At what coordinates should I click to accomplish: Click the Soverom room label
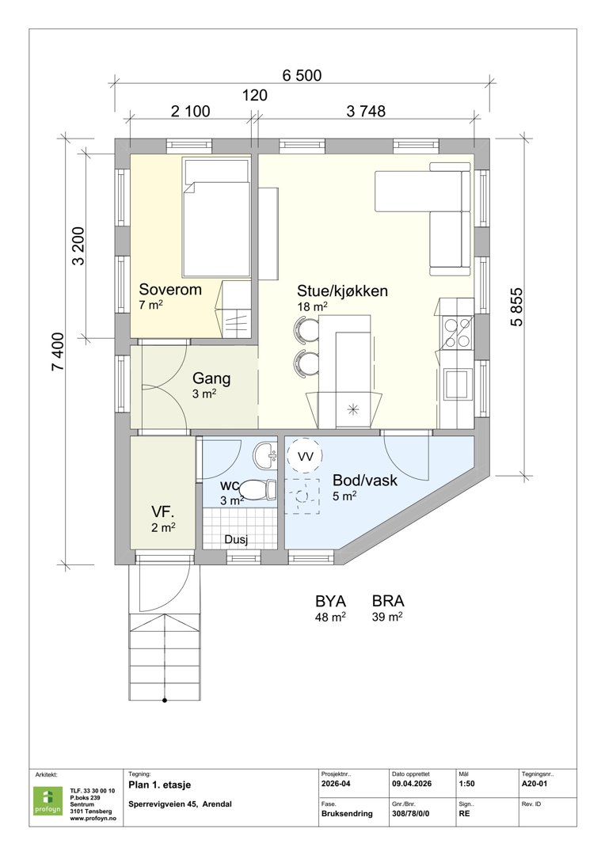(x=169, y=290)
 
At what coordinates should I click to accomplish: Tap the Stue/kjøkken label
(x=342, y=291)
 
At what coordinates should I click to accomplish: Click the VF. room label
(x=163, y=511)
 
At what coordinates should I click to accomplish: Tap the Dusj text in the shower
(x=237, y=540)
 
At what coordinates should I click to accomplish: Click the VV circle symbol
(x=305, y=456)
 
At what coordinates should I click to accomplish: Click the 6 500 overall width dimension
(x=301, y=76)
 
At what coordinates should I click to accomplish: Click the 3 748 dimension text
(x=365, y=112)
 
